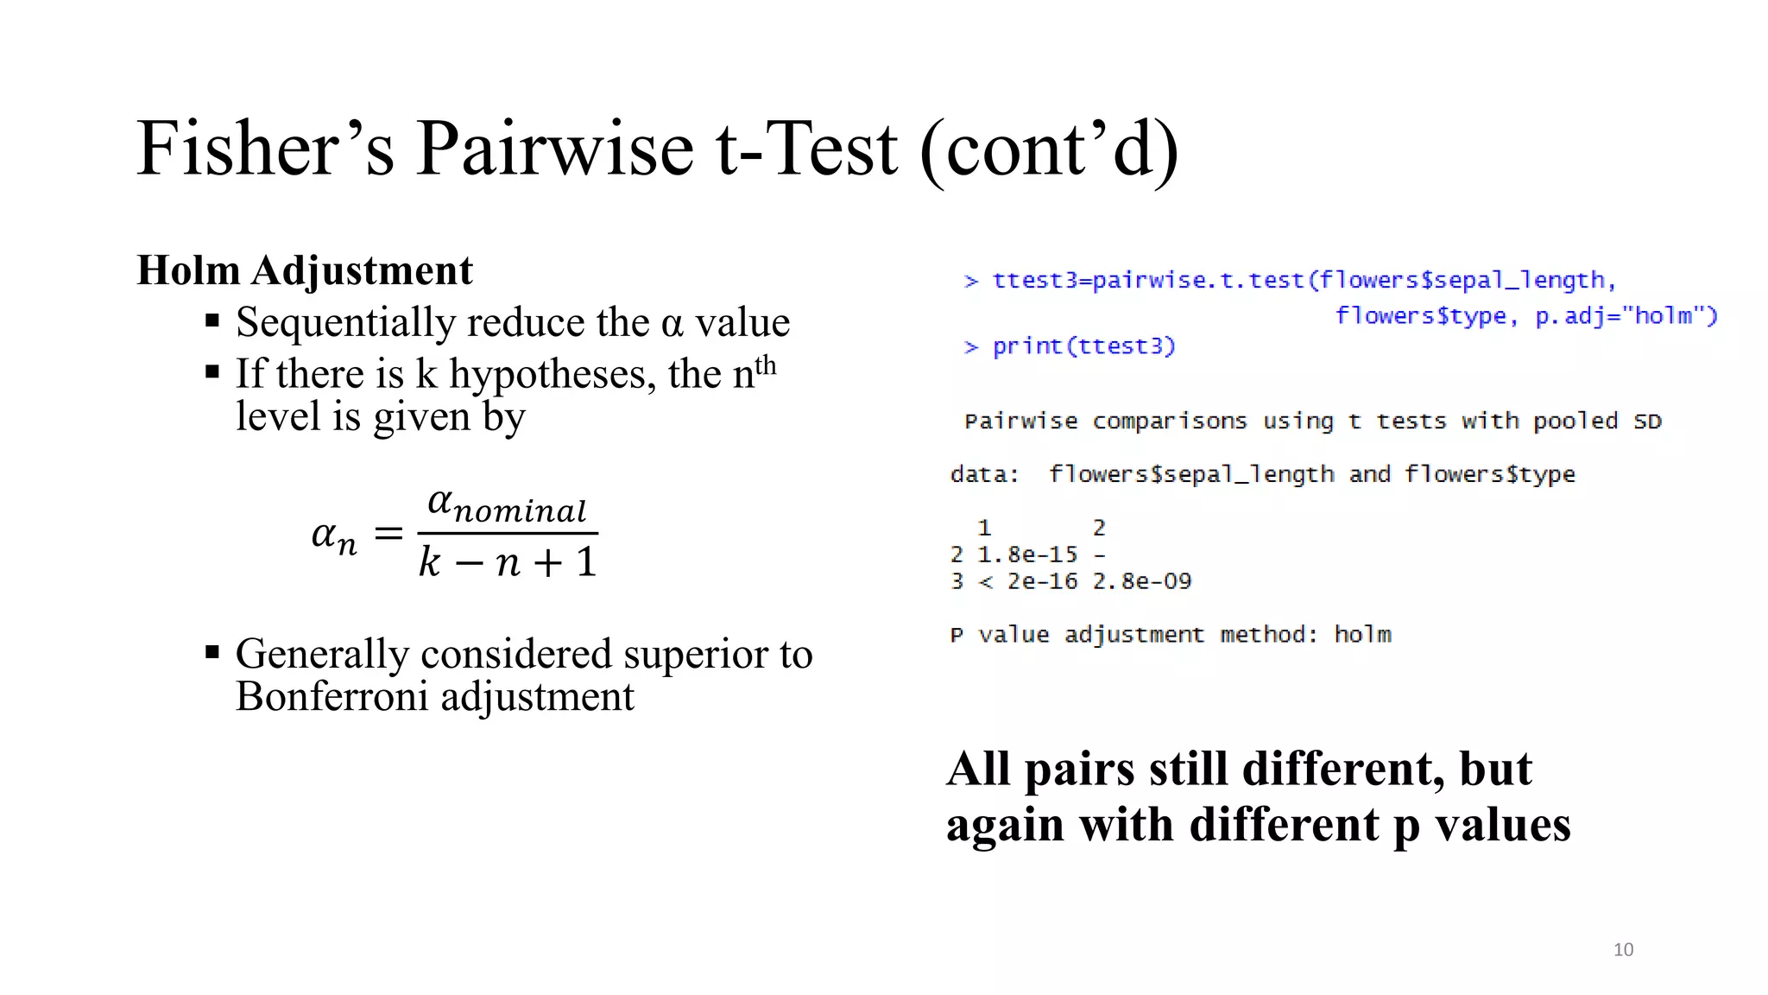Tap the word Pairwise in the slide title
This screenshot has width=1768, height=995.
coord(554,149)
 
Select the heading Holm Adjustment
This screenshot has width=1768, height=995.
coord(305,270)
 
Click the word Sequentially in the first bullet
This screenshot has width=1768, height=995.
coord(345,323)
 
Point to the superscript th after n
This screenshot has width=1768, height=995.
coord(766,365)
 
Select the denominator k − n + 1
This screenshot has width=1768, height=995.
coord(508,562)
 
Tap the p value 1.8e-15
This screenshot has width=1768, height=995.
coord(1027,555)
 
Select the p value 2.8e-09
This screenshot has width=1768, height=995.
coord(1142,581)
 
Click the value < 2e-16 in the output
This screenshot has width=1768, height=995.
coord(1027,581)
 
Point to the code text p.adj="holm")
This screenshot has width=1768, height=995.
coord(1626,316)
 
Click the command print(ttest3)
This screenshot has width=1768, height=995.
coord(1083,346)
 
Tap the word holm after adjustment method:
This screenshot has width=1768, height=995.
coord(1362,635)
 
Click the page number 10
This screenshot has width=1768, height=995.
coord(1623,949)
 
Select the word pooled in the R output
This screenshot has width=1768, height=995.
coord(1575,421)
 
